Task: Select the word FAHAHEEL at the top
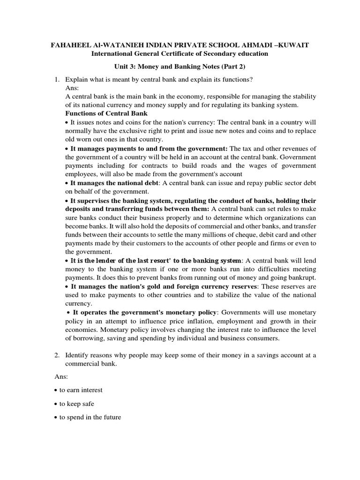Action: (x=70, y=45)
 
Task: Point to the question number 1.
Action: (x=57, y=78)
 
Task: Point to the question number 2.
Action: (x=57, y=355)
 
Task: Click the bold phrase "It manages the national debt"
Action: (x=114, y=183)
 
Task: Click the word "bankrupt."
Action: (x=302, y=277)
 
